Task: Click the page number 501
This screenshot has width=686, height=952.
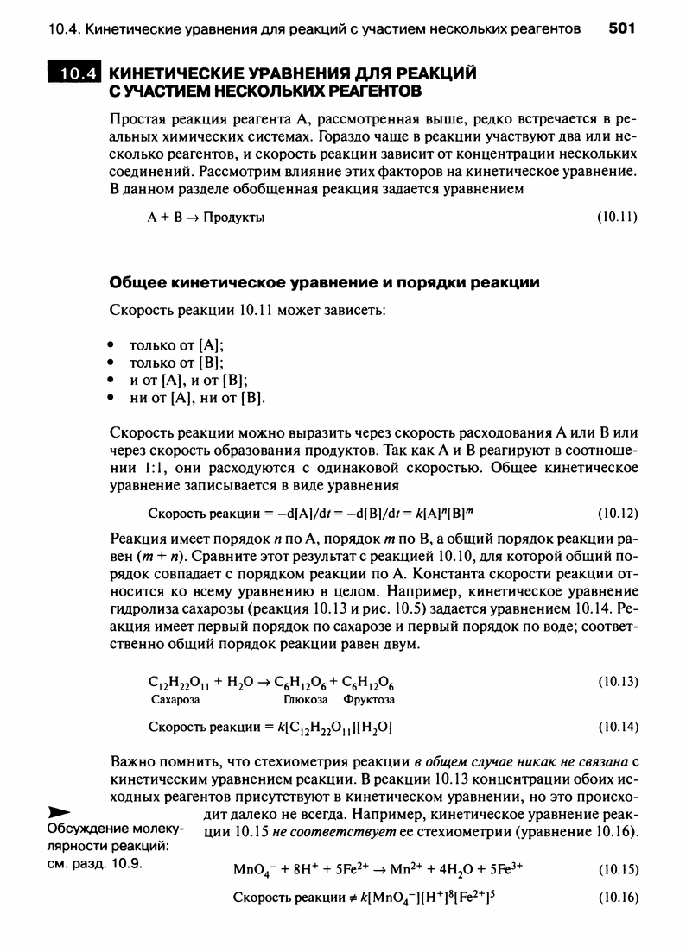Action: point(621,29)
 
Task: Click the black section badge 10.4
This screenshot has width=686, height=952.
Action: point(74,74)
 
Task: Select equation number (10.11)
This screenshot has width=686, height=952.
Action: point(617,217)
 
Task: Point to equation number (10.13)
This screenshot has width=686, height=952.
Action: point(617,682)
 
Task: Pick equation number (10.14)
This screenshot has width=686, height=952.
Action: point(617,727)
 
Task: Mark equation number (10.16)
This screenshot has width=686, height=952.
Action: point(617,897)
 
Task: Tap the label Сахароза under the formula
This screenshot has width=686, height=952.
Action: point(175,699)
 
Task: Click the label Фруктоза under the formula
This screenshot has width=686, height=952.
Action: point(368,699)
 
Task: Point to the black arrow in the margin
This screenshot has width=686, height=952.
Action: point(59,813)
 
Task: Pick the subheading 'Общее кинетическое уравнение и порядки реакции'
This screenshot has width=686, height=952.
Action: point(325,282)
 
